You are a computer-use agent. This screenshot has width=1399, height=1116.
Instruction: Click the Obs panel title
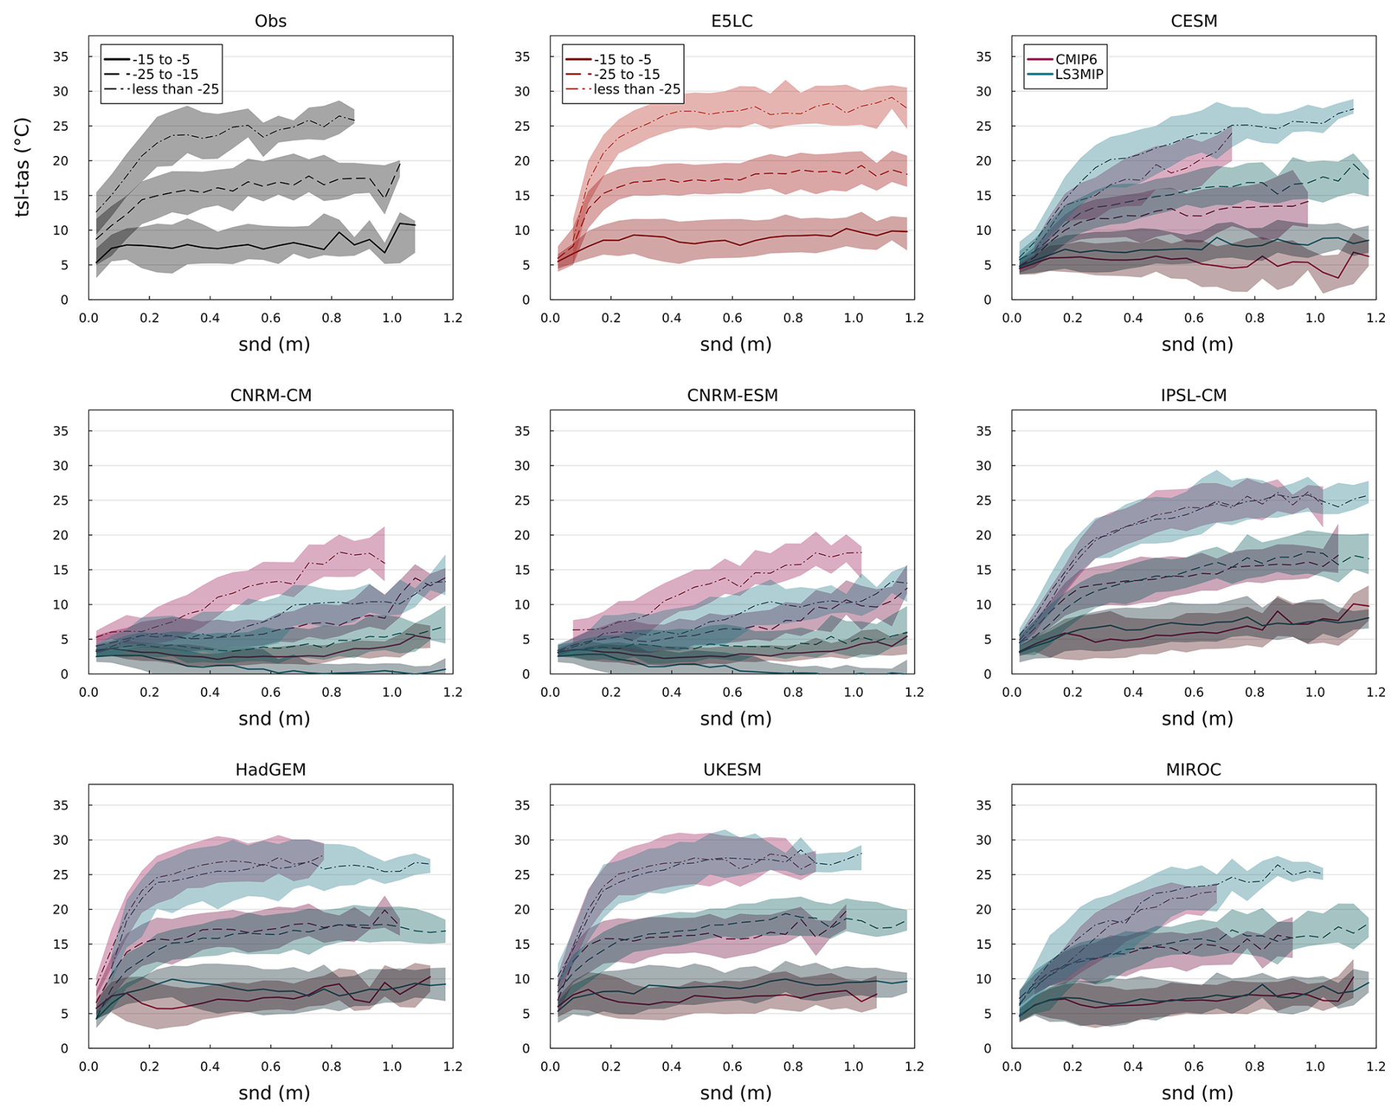[x=271, y=21]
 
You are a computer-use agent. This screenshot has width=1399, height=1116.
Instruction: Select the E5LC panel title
[x=732, y=21]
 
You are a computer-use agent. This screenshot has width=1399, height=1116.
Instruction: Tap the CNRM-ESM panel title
[x=732, y=395]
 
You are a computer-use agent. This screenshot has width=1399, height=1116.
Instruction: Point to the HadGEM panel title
[x=271, y=769]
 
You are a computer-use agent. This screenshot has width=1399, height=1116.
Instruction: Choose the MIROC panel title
[x=1193, y=769]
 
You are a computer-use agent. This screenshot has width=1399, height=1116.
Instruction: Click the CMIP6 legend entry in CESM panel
[x=1076, y=59]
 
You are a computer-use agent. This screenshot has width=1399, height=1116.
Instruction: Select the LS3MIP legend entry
[x=1079, y=74]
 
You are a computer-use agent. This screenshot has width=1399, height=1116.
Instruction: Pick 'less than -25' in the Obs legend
[x=175, y=89]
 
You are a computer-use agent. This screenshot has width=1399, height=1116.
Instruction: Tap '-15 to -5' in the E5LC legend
[x=623, y=59]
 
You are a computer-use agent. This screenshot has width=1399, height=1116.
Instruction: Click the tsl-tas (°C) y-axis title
[x=22, y=167]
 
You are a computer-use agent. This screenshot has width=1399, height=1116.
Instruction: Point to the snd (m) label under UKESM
[x=736, y=1092]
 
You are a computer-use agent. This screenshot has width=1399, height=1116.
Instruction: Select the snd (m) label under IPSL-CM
[x=1197, y=718]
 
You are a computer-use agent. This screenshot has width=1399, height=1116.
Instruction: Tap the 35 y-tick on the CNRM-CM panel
[x=61, y=431]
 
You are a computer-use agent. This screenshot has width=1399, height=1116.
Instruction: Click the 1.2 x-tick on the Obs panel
[x=453, y=318]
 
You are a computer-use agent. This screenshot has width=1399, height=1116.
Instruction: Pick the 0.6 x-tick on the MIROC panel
[x=1193, y=1066]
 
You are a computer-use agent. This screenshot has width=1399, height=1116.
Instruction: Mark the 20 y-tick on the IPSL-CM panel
[x=983, y=535]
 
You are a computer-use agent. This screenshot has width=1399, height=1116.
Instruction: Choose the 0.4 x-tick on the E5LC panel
[x=671, y=318]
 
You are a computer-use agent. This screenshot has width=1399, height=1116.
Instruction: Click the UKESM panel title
[x=732, y=769]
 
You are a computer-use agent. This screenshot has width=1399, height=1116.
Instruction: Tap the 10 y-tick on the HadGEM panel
[x=61, y=979]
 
